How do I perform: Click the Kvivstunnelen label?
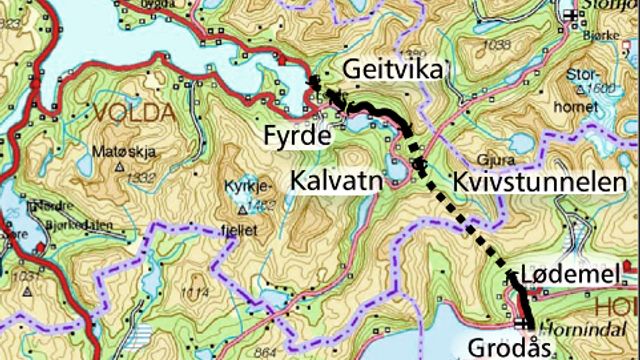(519, 181)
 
